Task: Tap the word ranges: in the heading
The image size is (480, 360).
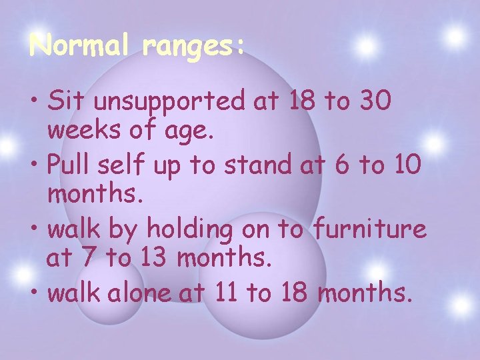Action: [x=193, y=47]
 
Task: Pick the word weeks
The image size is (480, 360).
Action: [x=84, y=131]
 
